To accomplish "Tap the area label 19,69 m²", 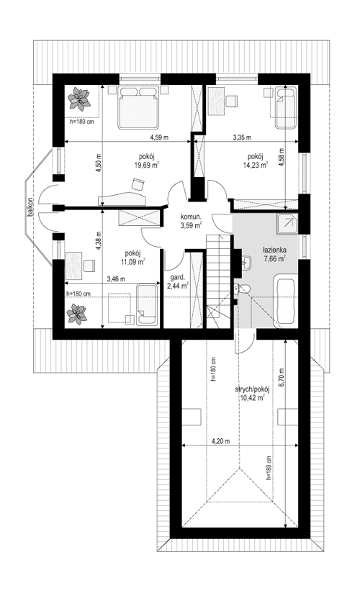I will pyautogui.click(x=146, y=164).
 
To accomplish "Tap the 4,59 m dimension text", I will pyautogui.click(x=160, y=137).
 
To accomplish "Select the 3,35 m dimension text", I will pyautogui.click(x=243, y=137).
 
